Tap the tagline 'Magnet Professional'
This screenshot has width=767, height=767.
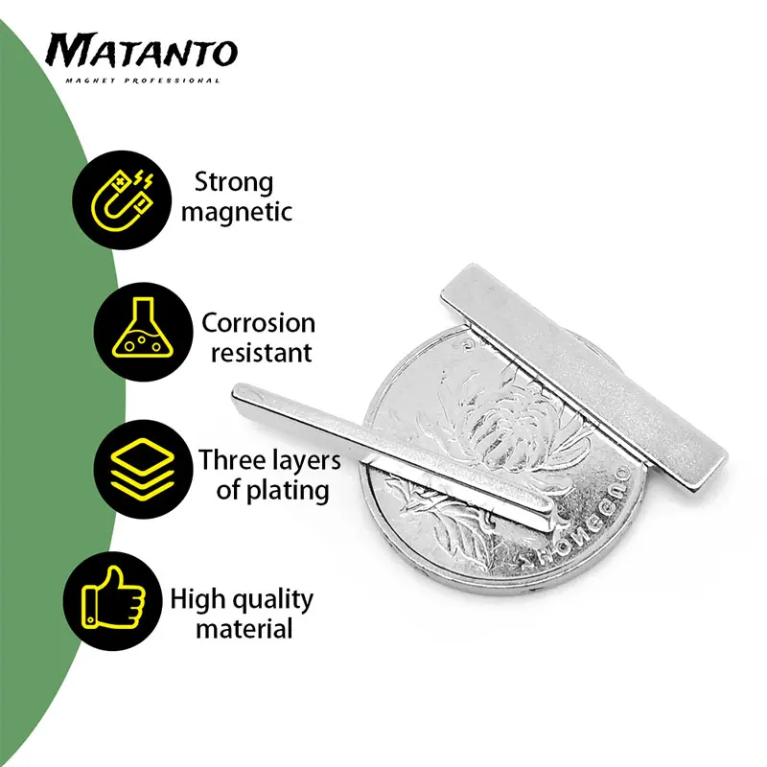pos(143,81)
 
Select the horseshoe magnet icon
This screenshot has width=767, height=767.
pos(122,200)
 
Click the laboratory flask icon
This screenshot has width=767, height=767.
pos(143,328)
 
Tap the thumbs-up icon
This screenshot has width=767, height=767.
pos(113,597)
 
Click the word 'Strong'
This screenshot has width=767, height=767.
pos(234,183)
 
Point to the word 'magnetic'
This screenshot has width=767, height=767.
pos(237,212)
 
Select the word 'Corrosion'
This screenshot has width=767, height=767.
pos(258,323)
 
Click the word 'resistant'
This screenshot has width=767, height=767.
pos(261,353)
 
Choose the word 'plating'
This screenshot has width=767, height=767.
pos(287,491)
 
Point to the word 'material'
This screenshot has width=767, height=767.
pos(244,629)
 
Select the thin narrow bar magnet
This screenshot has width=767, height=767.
pos(394,457)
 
